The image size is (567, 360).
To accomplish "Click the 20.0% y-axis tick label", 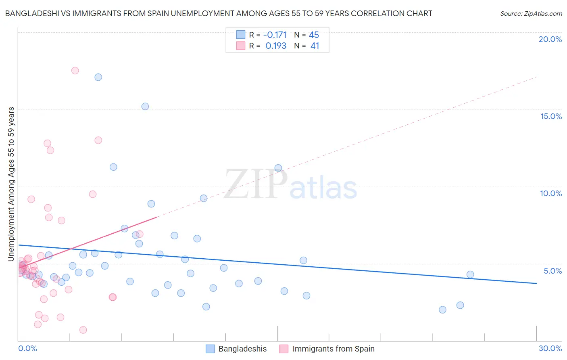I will pyautogui.click(x=550, y=39).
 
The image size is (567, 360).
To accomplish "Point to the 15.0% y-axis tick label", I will pyautogui.click(x=551, y=116).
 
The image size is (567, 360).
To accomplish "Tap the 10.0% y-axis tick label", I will pyautogui.click(x=551, y=193).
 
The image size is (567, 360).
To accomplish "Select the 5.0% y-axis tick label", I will pyautogui.click(x=552, y=271).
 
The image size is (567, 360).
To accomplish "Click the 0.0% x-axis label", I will pyautogui.click(x=27, y=348).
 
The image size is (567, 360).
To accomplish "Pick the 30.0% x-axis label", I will pyautogui.click(x=550, y=348).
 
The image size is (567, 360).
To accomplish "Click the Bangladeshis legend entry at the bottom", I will pyautogui.click(x=242, y=349).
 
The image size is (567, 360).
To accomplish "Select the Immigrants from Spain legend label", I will pyautogui.click(x=333, y=349).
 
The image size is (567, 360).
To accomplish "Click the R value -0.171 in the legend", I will pyautogui.click(x=275, y=35).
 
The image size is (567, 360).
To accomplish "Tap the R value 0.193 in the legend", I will pyautogui.click(x=276, y=46).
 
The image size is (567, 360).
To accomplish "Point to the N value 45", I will pyautogui.click(x=314, y=35).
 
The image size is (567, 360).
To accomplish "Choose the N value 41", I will pyautogui.click(x=315, y=46).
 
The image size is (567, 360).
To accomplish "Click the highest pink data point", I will pyautogui.click(x=75, y=71).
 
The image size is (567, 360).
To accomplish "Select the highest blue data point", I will pyautogui.click(x=98, y=77).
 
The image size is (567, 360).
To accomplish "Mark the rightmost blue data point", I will pyautogui.click(x=470, y=274).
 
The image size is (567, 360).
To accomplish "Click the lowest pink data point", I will pyautogui.click(x=83, y=330).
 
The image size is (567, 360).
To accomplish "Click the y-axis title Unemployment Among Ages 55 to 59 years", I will pyautogui.click(x=11, y=184).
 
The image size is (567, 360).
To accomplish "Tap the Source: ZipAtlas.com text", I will pyautogui.click(x=531, y=14).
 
